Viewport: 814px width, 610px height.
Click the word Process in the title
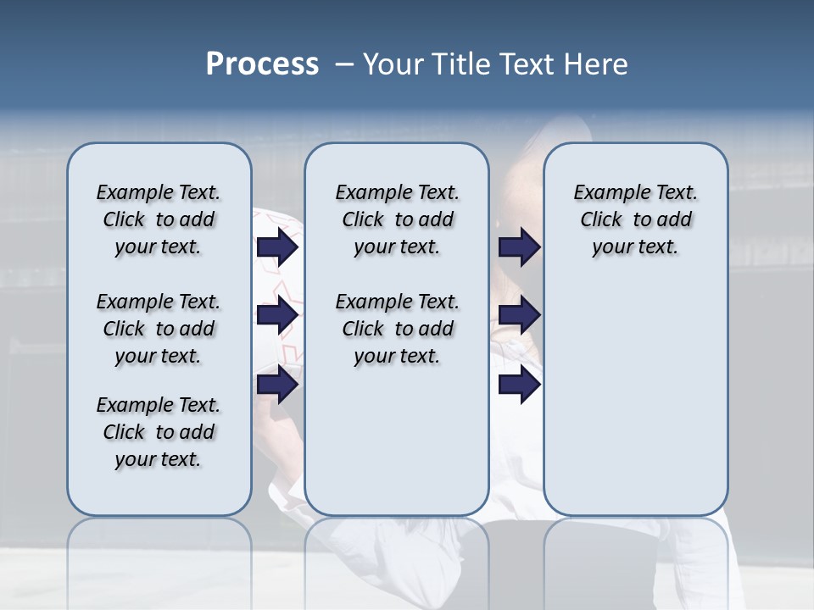coord(262,64)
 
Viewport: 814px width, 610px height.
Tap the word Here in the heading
coord(597,64)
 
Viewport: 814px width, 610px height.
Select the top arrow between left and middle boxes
coord(277,247)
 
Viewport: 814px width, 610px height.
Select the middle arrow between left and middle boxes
coord(277,316)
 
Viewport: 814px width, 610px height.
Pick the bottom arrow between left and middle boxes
coord(277,385)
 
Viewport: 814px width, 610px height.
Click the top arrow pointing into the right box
coord(519,247)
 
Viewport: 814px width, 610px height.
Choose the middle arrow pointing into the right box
coord(519,316)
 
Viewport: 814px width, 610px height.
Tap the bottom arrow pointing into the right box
coord(519,385)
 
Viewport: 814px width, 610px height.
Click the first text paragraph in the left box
coord(159,219)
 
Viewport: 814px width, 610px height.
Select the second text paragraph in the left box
coord(159,329)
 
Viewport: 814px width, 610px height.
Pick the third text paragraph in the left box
coord(159,432)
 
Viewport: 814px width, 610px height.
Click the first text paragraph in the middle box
coord(397,219)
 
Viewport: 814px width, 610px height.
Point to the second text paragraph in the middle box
coord(397,329)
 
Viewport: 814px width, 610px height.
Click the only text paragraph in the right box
coord(635,219)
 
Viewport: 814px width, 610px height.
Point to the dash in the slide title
coord(344,64)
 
